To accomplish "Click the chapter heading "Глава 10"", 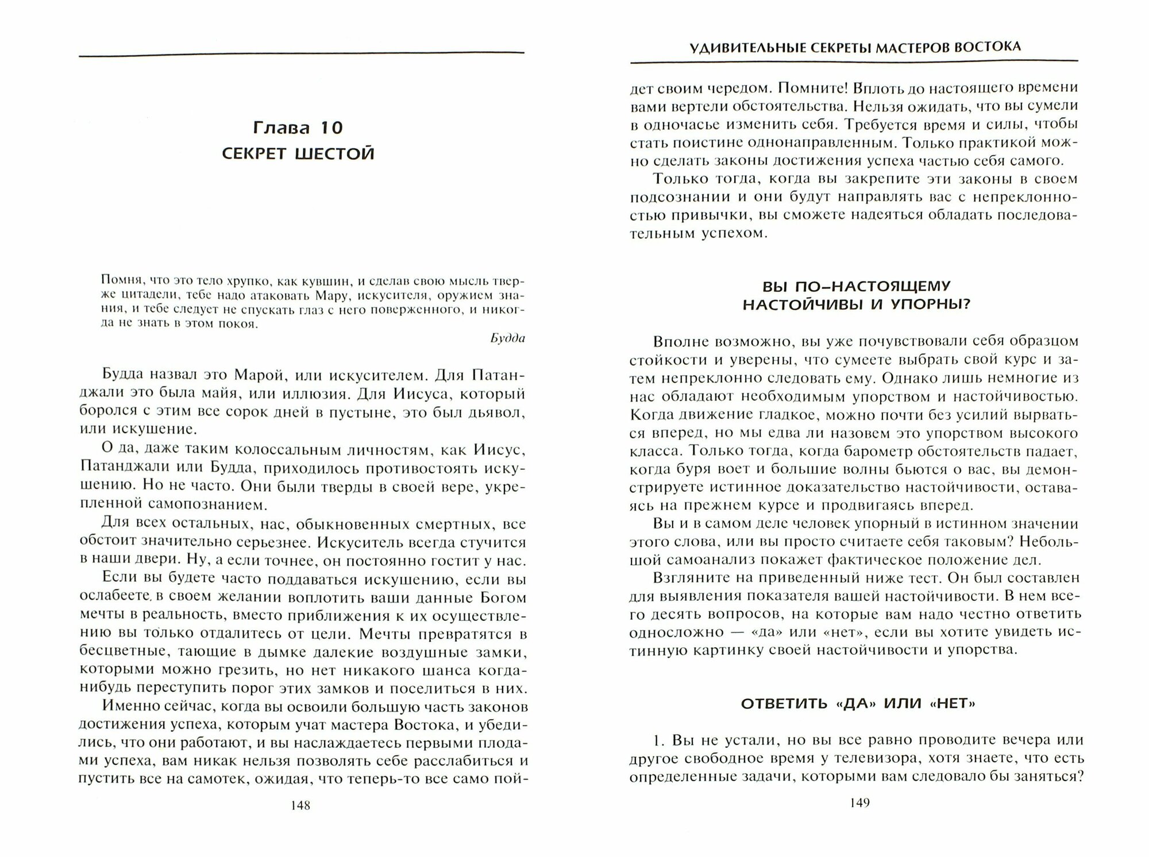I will (298, 128).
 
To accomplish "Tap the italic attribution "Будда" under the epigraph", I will (508, 338).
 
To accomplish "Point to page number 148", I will (300, 805).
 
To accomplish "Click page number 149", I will (859, 803).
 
